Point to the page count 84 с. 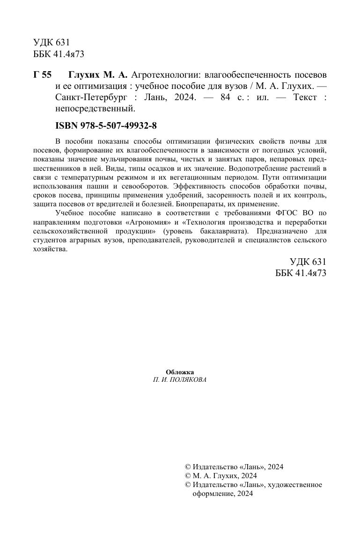click(234, 98)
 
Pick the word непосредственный click(95, 109)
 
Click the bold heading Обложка click(180, 372)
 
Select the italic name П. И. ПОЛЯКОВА click(180, 380)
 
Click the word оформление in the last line click(212, 493)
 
